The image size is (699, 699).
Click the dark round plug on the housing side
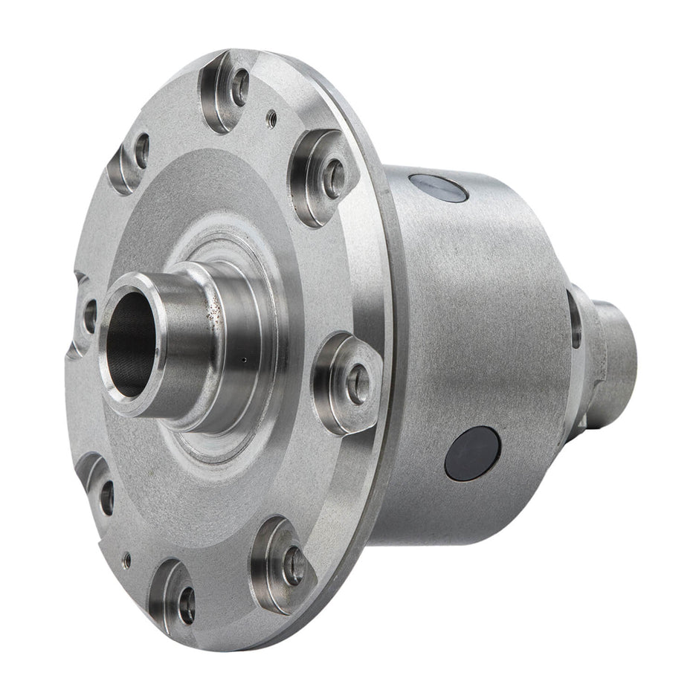tap(472, 453)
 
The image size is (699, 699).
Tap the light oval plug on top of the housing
tap(438, 187)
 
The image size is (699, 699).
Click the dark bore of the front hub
tap(131, 344)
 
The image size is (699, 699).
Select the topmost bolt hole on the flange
tap(239, 88)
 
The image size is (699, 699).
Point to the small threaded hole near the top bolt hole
tap(273, 116)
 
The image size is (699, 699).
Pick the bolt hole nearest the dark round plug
tap(358, 384)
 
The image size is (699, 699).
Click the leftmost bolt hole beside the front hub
tap(89, 315)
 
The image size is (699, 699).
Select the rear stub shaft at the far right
tap(613, 364)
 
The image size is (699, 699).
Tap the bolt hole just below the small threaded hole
tap(334, 178)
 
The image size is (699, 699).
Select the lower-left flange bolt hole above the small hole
tap(107, 497)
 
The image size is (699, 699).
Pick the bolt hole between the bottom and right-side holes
tap(294, 565)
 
